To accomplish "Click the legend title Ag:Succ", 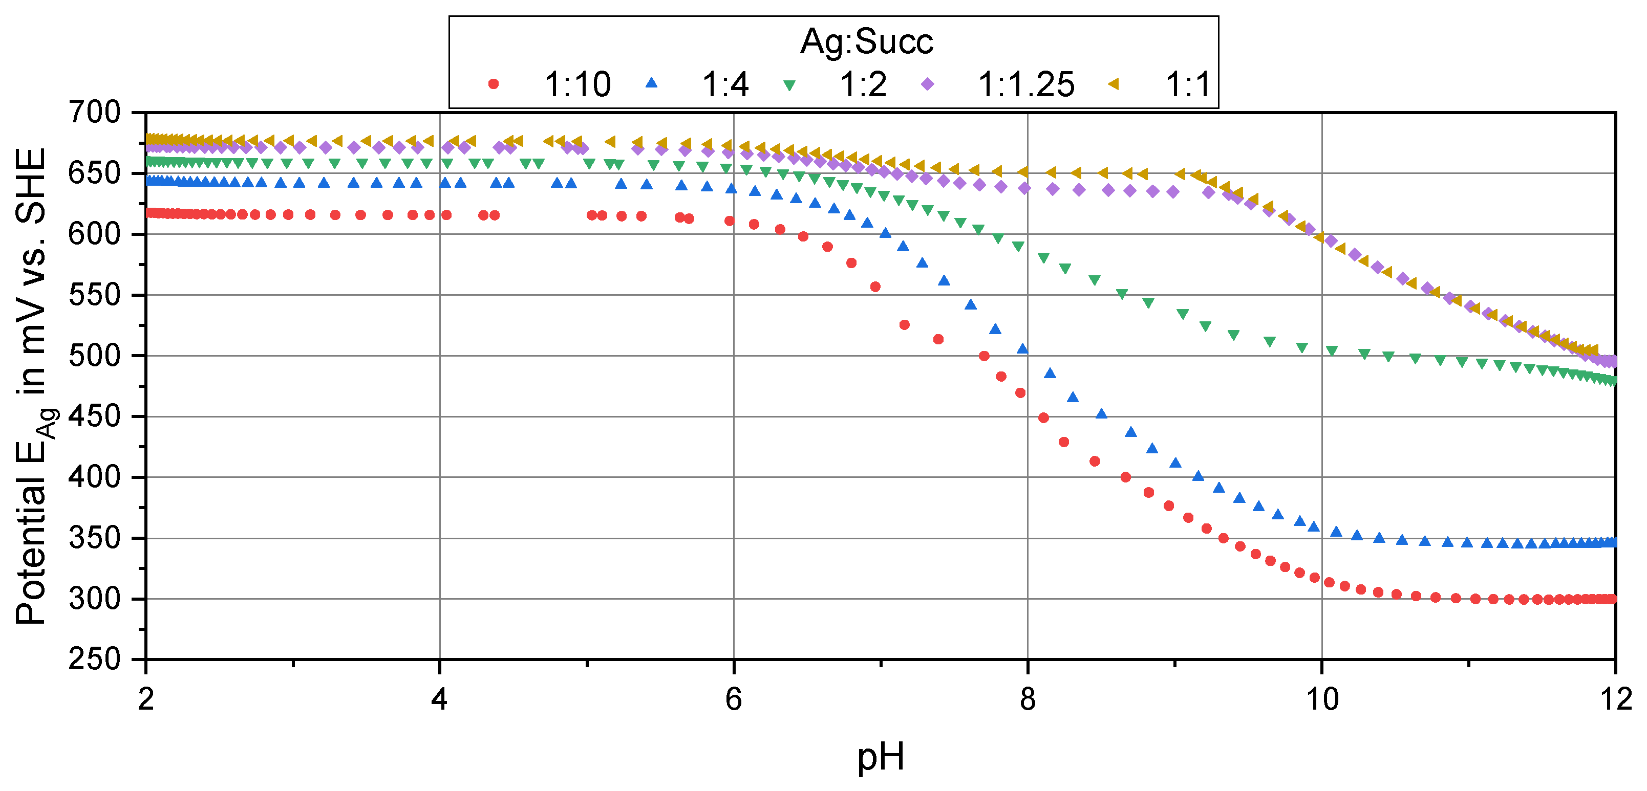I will click(866, 41).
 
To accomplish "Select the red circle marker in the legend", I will click(493, 84).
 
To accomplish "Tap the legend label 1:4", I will click(725, 84).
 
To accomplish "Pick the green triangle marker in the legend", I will click(789, 85).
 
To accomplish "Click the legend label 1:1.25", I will click(1026, 84).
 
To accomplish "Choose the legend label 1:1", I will click(1187, 84).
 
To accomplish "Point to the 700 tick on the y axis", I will click(95, 113).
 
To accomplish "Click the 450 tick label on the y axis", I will click(95, 416).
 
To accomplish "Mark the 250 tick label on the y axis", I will click(95, 659).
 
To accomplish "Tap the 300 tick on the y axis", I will click(95, 599).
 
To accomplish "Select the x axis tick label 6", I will click(733, 699).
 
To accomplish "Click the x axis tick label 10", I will click(1321, 699).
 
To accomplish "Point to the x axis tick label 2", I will click(146, 699).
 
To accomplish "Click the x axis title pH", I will click(881, 757).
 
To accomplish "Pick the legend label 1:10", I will click(577, 84).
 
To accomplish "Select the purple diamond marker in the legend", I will click(927, 84).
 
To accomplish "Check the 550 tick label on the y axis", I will click(95, 295).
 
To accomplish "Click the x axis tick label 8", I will click(1028, 699).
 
